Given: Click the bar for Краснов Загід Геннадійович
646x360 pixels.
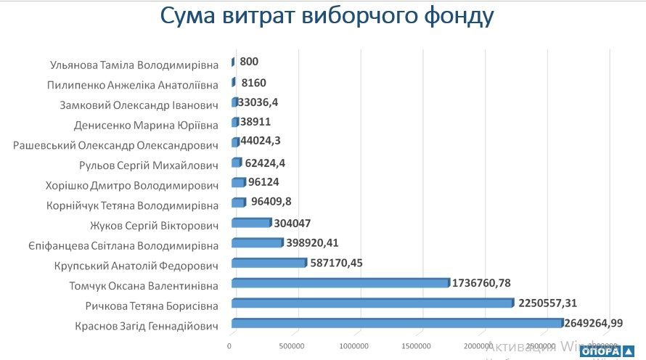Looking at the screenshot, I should pos(397,323).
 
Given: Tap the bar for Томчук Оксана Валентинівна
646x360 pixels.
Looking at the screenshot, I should pos(340,283).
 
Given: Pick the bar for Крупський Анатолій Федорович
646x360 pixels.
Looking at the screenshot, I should pos(269,263).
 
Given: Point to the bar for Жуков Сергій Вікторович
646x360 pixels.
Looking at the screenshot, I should pos(250,223).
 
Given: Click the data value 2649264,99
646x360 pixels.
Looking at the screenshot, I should pos(594,323).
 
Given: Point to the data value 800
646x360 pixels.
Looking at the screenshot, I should pos(248,62).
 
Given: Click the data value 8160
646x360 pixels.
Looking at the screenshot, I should pos(253,83).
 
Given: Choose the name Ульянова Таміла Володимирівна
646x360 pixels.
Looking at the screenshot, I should pos(134,64).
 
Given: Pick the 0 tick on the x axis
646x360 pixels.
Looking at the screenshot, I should pos(230,345).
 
